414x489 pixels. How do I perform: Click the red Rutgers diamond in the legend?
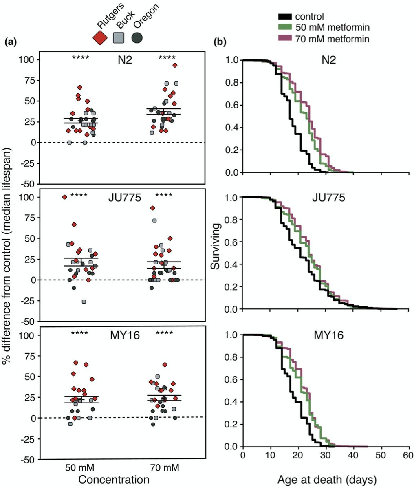[100, 38]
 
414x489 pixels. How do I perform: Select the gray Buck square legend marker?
[119, 38]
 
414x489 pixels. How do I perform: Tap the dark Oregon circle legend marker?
[137, 38]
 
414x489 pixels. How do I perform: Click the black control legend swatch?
[285, 17]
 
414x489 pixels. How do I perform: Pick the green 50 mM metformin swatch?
[285, 27]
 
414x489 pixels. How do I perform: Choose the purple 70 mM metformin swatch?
[285, 38]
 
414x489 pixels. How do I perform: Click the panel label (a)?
[11, 42]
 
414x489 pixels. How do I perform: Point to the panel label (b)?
[220, 42]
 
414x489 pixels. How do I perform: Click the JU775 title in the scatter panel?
[125, 198]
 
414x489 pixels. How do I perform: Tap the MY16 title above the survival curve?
[328, 335]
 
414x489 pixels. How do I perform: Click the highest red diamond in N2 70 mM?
[175, 65]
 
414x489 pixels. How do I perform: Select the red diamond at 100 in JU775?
[64, 197]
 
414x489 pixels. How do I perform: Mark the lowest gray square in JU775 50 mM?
[84, 302]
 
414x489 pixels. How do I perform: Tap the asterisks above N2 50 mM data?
[80, 58]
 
